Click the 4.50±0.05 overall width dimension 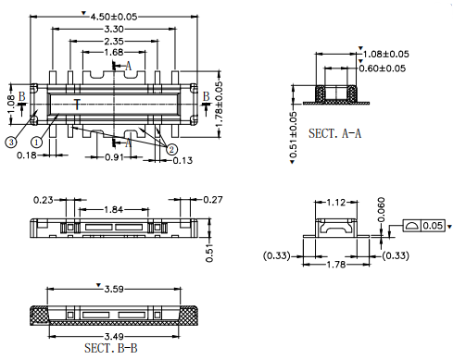coord(113,17)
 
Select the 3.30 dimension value coord(114,29)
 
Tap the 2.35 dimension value coord(114,41)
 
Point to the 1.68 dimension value coord(114,52)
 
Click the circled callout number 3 coord(11,143)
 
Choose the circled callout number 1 coord(36,143)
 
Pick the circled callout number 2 coord(171,150)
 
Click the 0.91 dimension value coord(114,157)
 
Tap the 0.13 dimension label coord(182,160)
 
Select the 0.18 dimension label coord(27,155)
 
